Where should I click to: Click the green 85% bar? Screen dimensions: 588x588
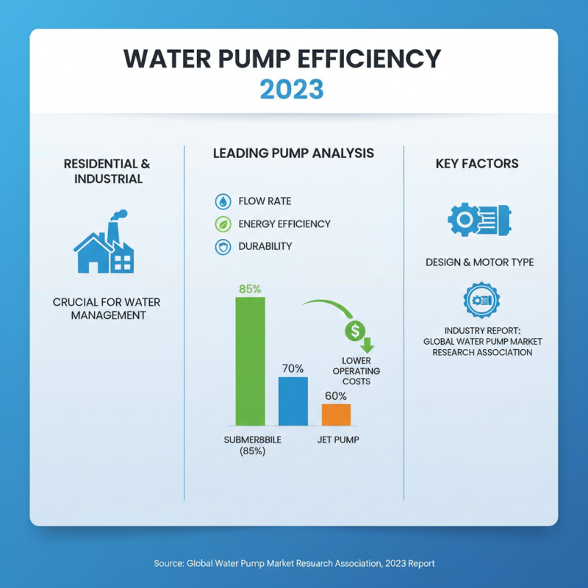click(250, 361)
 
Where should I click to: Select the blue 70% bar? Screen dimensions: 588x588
click(293, 401)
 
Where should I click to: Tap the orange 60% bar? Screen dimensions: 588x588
click(336, 415)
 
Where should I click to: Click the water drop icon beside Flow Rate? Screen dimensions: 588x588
click(222, 201)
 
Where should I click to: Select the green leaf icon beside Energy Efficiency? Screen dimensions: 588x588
click(222, 224)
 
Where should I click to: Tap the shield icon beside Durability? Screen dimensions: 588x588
click(222, 247)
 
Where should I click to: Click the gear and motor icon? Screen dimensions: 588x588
click(479, 219)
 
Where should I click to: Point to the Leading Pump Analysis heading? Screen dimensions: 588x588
click(293, 154)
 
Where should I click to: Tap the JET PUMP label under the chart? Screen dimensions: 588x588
click(338, 440)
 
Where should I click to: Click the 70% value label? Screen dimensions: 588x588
click(293, 368)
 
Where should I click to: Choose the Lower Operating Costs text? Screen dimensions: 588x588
click(356, 371)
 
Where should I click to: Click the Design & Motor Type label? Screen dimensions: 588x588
click(480, 262)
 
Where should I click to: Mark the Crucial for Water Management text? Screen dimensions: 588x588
click(107, 309)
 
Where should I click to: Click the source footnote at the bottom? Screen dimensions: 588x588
click(294, 563)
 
